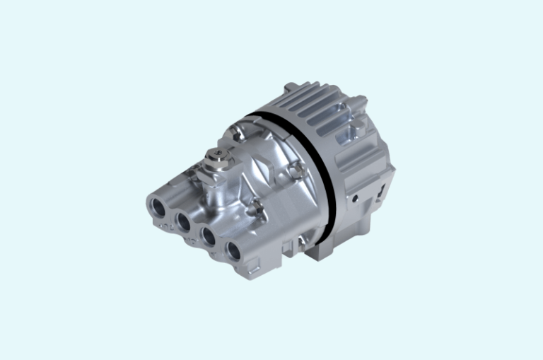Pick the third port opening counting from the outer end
[x=209, y=236]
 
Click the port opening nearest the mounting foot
[x=233, y=250]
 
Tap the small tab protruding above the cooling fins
[x=288, y=88]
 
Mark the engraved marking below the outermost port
[x=163, y=226]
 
